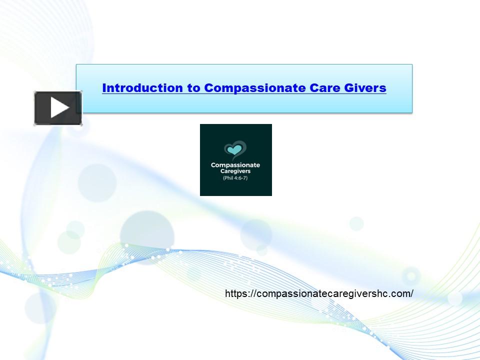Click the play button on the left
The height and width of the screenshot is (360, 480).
pos(58,108)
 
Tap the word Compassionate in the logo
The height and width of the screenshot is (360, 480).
pos(235,165)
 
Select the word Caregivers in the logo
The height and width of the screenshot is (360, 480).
pos(235,171)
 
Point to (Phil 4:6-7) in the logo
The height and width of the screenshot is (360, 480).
pos(235,178)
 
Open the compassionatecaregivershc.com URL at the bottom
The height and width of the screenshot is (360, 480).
pos(319,293)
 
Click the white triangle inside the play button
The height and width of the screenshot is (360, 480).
pos(59,108)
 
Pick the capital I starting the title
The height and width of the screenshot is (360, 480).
pos(104,88)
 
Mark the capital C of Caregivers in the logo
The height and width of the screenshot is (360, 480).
pos(221,171)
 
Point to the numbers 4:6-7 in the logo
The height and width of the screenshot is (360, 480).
pos(240,178)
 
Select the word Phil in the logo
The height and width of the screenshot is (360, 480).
pos(228,178)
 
